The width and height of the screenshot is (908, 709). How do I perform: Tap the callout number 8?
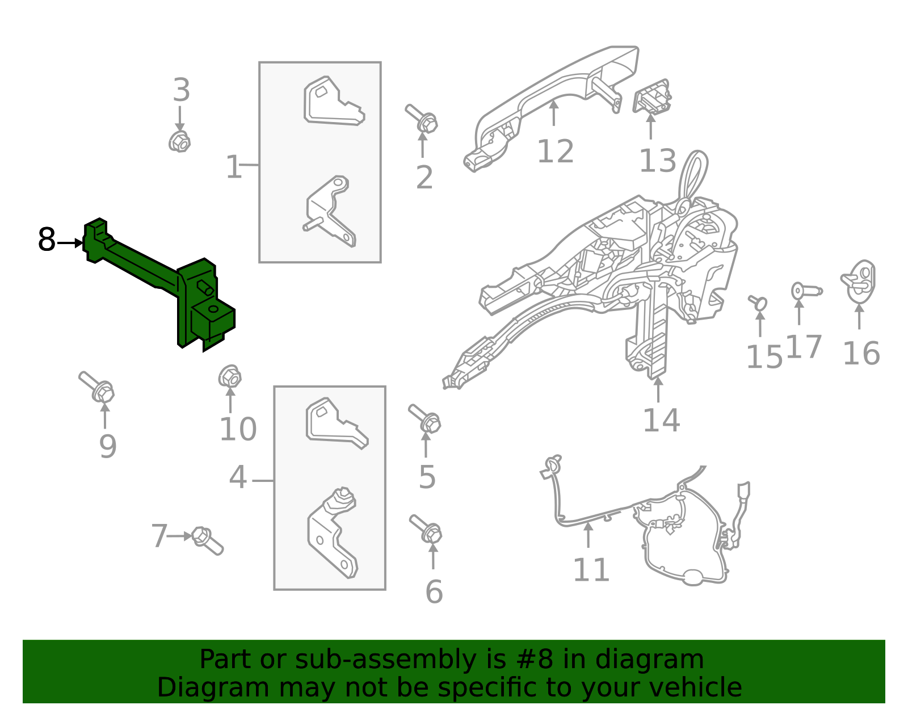coord(47,240)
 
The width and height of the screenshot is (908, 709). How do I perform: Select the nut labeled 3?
coord(180,142)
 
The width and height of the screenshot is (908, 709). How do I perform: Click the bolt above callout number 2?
coord(422,119)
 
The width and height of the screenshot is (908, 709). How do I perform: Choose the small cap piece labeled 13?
coord(651,96)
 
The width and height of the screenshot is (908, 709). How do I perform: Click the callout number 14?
coord(662,420)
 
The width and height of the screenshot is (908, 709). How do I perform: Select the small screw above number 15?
coord(758,303)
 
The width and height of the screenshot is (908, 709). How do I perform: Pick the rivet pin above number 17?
coord(806,291)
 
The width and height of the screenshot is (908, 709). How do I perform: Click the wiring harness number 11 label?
coord(591,570)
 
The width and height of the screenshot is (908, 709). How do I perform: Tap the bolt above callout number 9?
coord(97,387)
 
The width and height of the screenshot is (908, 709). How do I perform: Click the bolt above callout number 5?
coord(425,418)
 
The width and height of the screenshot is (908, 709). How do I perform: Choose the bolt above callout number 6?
coord(426,529)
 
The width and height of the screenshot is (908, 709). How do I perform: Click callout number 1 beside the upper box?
coord(233,167)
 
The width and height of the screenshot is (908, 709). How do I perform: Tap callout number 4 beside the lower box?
coord(238,477)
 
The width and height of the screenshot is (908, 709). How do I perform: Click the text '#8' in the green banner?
coord(535,659)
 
